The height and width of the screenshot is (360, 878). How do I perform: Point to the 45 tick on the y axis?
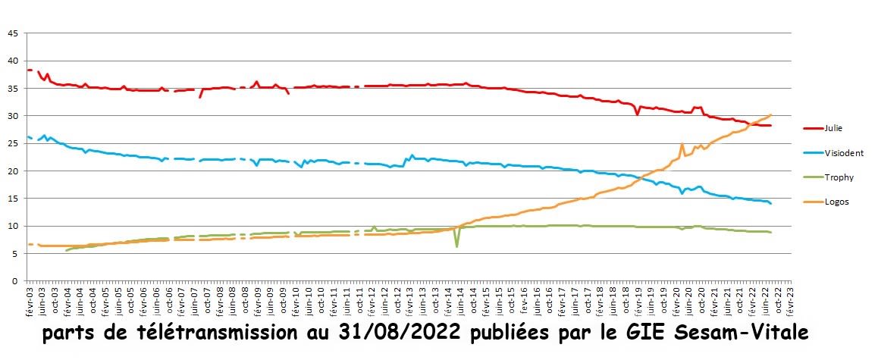(12, 33)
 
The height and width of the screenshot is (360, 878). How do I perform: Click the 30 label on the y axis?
(12, 116)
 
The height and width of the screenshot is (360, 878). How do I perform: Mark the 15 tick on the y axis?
(12, 199)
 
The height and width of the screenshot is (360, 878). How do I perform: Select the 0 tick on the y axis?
(14, 281)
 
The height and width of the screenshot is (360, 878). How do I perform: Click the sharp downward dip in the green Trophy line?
(456, 246)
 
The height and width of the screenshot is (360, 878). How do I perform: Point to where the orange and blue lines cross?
(641, 177)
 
